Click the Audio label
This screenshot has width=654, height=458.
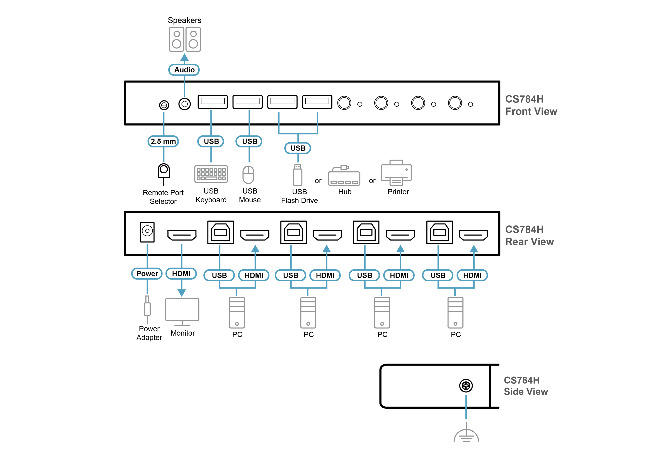click(x=184, y=70)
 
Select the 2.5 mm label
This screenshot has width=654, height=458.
click(x=163, y=141)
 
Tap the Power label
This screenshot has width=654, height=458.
click(x=147, y=274)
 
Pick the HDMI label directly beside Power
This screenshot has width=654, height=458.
click(x=181, y=274)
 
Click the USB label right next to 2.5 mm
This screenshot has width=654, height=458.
click(x=211, y=141)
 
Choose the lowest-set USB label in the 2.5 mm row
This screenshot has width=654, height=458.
click(x=298, y=148)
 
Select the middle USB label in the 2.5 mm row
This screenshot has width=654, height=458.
click(x=250, y=141)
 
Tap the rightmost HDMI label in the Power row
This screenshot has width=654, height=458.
click(x=472, y=275)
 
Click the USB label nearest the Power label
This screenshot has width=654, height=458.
click(x=219, y=275)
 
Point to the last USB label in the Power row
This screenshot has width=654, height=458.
click(x=438, y=275)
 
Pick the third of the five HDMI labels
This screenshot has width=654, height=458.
click(x=325, y=275)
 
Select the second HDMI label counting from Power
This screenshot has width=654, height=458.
click(x=254, y=275)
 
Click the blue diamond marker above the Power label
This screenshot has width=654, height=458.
click(x=147, y=249)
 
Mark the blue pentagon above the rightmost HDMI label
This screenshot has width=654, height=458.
click(x=474, y=248)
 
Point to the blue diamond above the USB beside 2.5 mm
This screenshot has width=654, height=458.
click(x=211, y=116)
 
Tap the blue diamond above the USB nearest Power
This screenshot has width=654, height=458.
click(x=219, y=249)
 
